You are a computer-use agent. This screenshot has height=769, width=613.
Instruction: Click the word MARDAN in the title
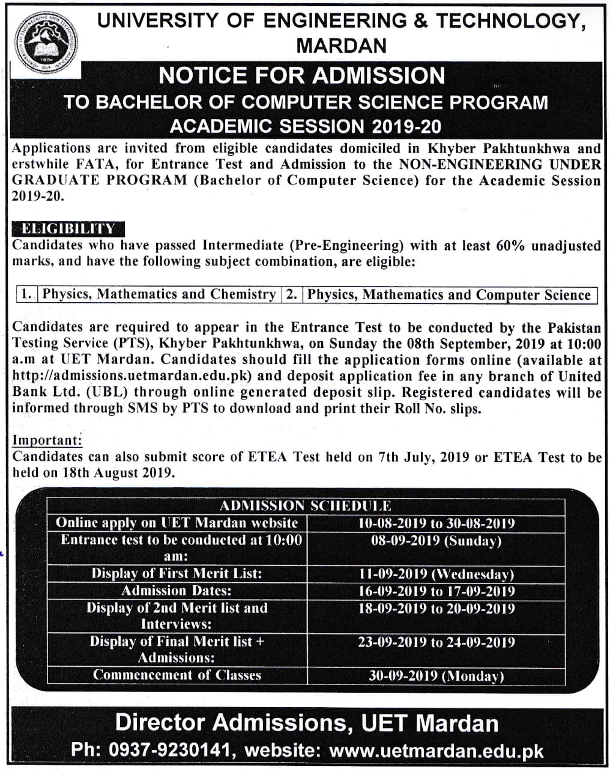[x=342, y=46]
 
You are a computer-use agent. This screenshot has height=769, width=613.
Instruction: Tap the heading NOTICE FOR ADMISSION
[x=301, y=76]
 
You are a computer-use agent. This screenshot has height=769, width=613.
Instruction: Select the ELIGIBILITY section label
[x=68, y=228]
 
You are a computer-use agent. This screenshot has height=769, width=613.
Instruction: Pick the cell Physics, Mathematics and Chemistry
[x=159, y=294]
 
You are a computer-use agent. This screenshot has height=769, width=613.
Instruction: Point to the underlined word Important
[x=47, y=440]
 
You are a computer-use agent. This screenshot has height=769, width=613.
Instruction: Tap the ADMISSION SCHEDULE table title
[x=306, y=506]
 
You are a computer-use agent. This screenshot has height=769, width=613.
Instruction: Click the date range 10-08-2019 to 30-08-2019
[x=436, y=523]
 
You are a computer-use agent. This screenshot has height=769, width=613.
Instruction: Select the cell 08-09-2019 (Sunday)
[x=436, y=541]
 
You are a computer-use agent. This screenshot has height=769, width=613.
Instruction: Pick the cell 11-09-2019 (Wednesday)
[x=436, y=574]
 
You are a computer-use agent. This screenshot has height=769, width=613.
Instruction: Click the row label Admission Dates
[x=177, y=591]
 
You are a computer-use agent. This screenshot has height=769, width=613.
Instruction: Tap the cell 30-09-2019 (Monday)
[x=436, y=676]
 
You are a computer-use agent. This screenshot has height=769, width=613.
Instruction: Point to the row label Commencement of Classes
[x=177, y=675]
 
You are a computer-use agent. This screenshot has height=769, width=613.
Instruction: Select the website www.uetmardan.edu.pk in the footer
[x=436, y=750]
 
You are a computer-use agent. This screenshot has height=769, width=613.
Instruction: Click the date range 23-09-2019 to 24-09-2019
[x=436, y=642]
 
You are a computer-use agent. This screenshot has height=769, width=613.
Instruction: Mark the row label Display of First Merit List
[x=177, y=574]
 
